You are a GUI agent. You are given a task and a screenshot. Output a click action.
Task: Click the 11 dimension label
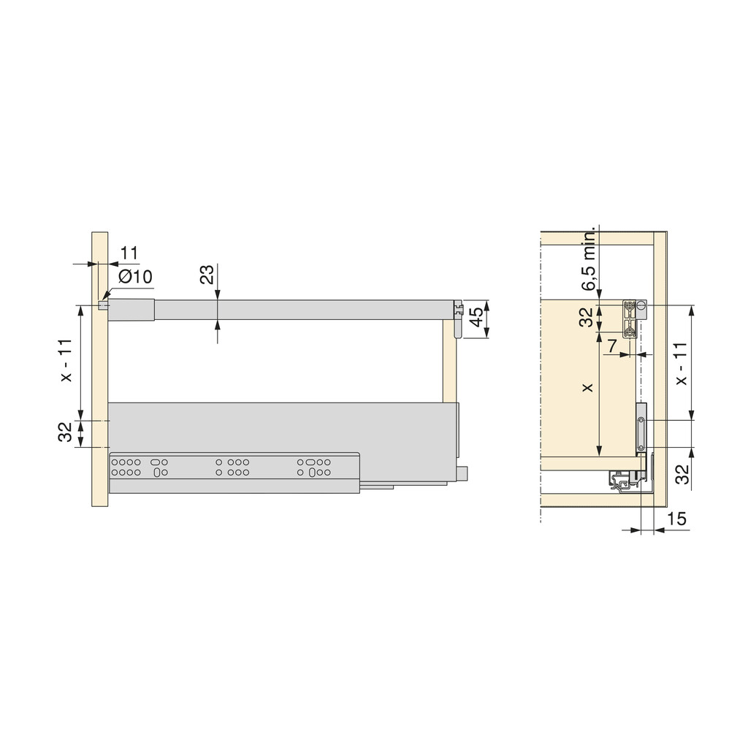coord(129,253)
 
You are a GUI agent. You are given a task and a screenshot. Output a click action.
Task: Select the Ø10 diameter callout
coord(134,277)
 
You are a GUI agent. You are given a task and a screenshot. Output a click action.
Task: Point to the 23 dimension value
coord(207,275)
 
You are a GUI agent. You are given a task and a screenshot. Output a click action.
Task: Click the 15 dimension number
coord(677,519)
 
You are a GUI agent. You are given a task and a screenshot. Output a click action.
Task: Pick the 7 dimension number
coord(611,346)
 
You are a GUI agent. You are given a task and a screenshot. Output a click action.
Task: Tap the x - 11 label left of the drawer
coord(66,361)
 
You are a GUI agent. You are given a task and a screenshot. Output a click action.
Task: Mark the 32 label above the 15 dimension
coord(681,475)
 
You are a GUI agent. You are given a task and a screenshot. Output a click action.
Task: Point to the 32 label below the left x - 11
coord(66,433)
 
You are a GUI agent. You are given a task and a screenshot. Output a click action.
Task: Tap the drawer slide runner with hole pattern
coord(234,467)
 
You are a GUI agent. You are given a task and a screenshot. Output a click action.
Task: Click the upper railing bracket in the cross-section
coord(633,319)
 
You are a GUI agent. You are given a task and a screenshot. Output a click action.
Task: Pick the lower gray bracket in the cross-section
coord(641,427)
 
